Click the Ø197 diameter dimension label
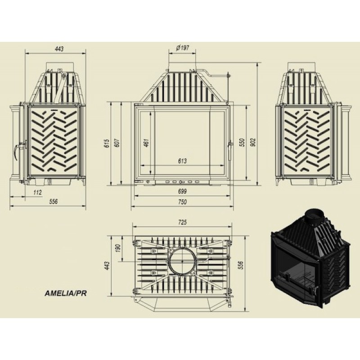pos(182,48)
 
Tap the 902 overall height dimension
pos(253,142)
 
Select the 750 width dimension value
pos(182,202)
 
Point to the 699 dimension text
pos(182,191)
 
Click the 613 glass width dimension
pos(182,161)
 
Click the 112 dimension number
pos(37,192)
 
